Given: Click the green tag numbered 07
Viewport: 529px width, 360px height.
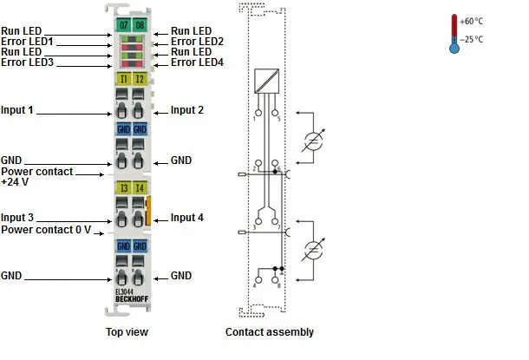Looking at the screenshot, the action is (x=123, y=25).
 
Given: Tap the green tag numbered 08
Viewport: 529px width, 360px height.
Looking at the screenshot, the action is (x=140, y=25).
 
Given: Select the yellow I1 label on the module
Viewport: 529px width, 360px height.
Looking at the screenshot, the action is (x=123, y=79).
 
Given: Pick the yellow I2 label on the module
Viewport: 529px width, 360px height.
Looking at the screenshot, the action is (x=140, y=79).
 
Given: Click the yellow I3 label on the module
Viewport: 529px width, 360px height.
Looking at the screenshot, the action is (x=123, y=188).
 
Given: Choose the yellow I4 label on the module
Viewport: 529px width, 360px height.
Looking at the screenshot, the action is (x=140, y=188).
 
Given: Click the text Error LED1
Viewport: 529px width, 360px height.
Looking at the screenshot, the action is (x=27, y=42).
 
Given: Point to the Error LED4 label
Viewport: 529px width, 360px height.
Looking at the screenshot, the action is (x=197, y=62).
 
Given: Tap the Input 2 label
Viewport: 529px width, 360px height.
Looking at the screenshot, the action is (x=187, y=110).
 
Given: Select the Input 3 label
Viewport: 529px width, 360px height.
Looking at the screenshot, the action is (x=17, y=218).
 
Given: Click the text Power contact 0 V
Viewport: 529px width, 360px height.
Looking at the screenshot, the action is (x=46, y=230).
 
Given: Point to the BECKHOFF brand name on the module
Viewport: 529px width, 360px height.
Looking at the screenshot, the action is (x=132, y=299).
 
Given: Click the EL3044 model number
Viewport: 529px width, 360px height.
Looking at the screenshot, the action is (x=124, y=291).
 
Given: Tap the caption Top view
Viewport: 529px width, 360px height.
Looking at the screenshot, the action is (x=127, y=332).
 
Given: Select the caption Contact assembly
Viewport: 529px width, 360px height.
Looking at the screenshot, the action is (x=270, y=332).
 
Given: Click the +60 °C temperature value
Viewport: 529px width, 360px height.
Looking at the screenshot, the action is (x=471, y=22).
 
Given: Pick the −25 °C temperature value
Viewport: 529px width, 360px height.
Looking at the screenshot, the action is (x=471, y=40).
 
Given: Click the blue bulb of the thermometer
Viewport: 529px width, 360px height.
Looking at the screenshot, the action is (x=454, y=48).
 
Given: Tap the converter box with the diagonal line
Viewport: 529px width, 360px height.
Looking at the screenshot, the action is (x=266, y=81).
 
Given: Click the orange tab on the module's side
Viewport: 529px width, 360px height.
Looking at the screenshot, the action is (x=148, y=211).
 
